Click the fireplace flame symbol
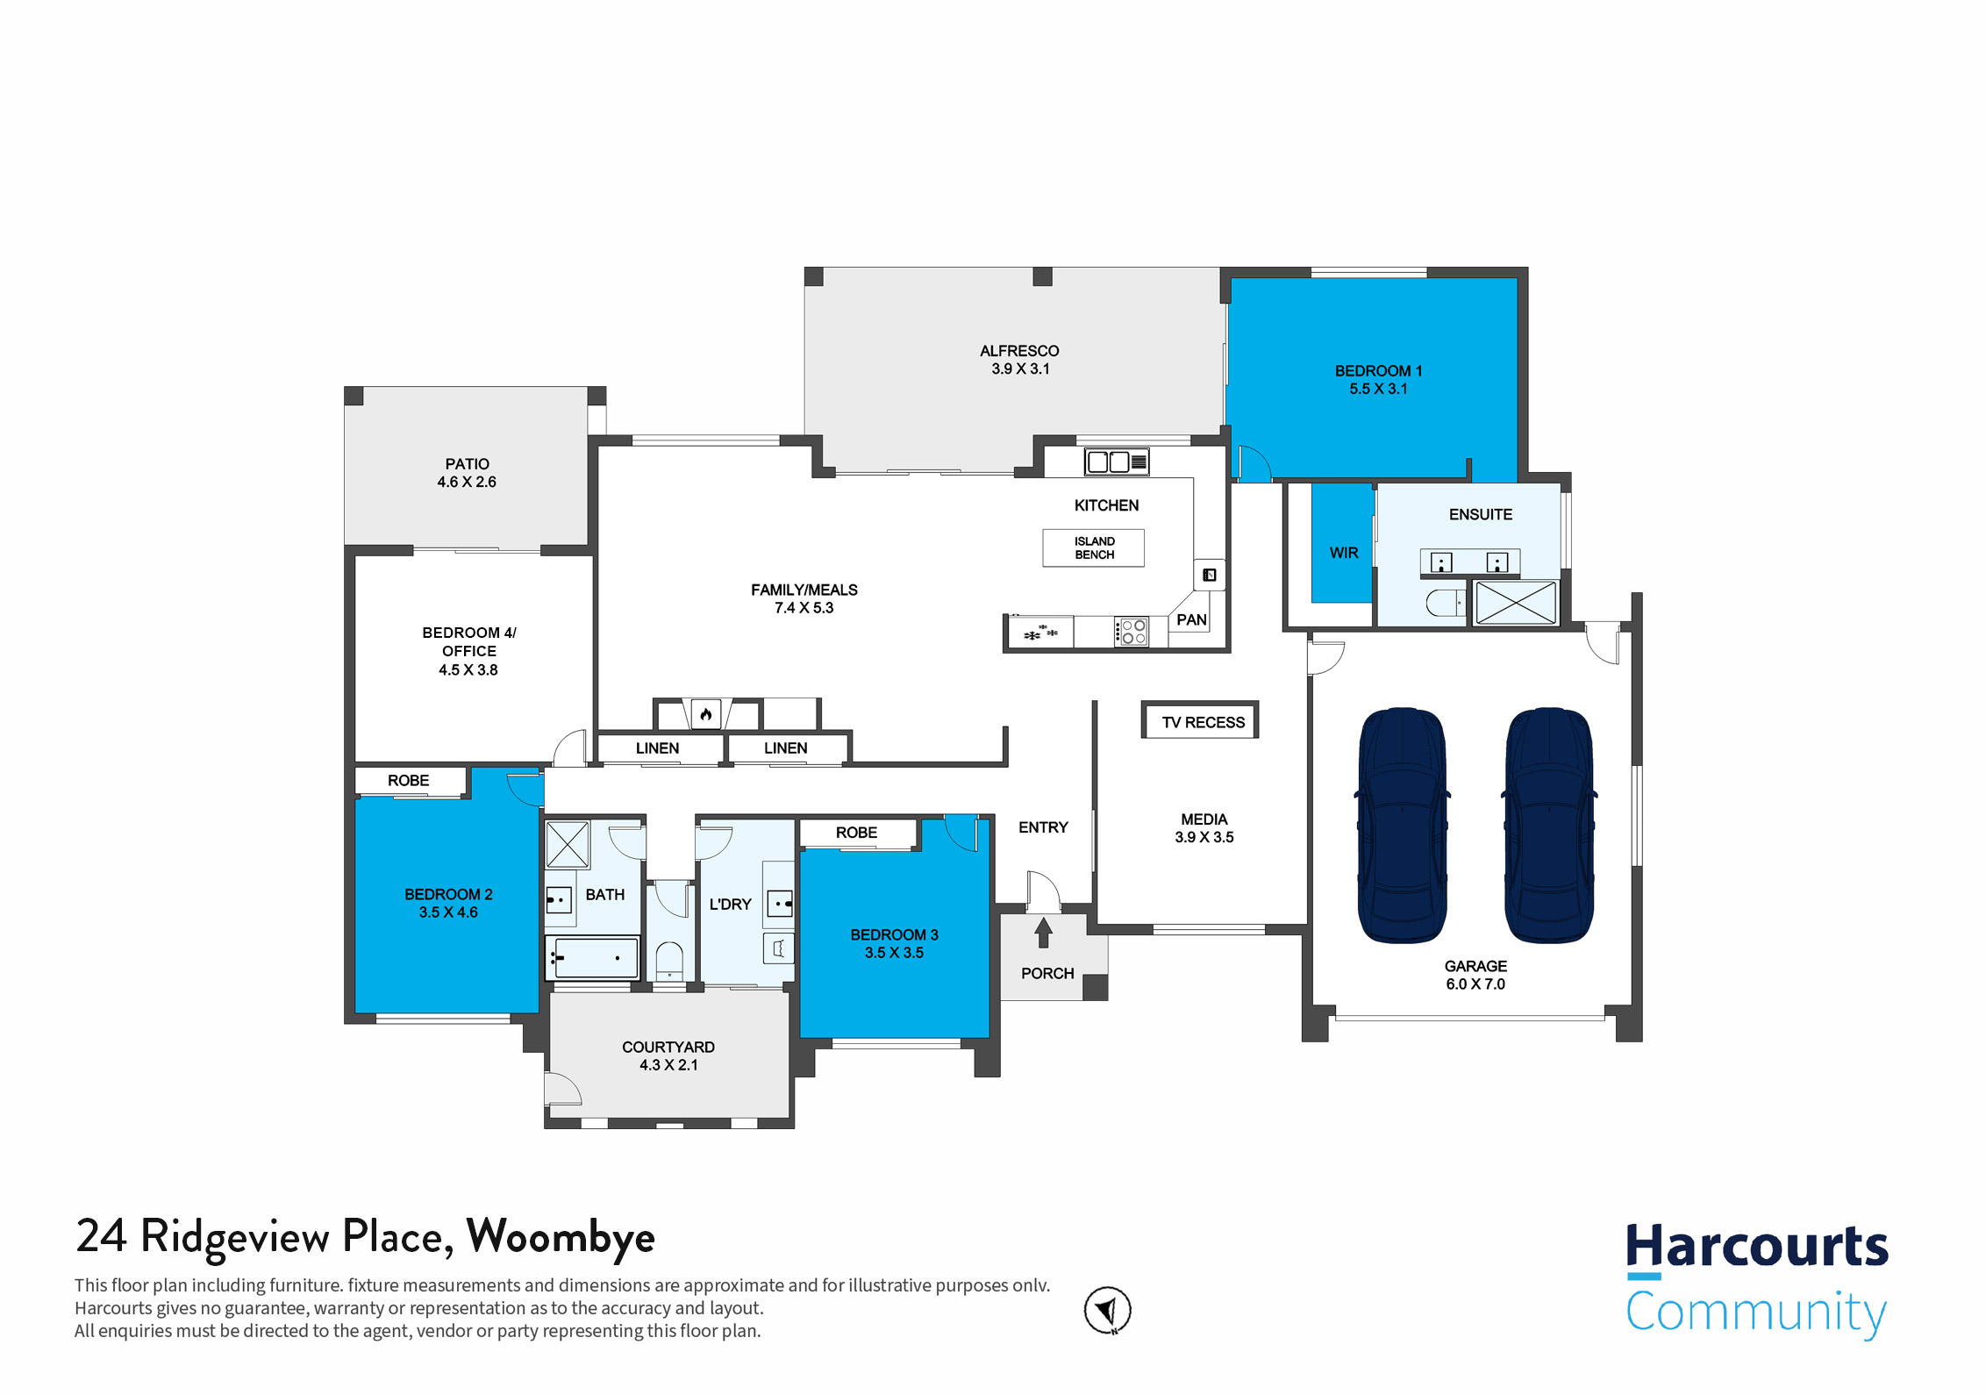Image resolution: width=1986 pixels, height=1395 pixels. click(x=706, y=714)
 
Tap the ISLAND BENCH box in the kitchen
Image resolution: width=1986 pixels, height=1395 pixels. click(x=1093, y=548)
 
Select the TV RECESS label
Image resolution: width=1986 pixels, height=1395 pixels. click(x=1203, y=722)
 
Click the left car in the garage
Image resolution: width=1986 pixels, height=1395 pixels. click(x=1402, y=825)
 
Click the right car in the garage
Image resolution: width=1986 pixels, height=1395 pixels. click(x=1549, y=825)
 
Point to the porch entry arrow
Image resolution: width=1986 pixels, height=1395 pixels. click(x=1043, y=933)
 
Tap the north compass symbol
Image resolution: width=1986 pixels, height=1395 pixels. click(x=1107, y=1311)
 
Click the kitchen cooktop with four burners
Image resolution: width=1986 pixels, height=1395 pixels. click(x=1132, y=632)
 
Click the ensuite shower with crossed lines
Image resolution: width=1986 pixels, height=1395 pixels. click(x=1516, y=603)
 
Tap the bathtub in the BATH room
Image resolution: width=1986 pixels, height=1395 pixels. click(x=592, y=957)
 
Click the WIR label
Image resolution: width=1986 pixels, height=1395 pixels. click(x=1343, y=553)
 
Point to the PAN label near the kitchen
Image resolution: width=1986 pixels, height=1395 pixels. click(x=1191, y=619)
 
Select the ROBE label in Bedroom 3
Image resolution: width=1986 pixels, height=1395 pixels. click(x=856, y=833)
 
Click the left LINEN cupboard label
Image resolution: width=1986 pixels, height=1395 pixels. click(x=657, y=748)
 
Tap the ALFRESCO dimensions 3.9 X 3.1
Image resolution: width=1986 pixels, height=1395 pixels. click(x=1020, y=369)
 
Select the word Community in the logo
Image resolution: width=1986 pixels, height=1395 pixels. click(x=1755, y=1313)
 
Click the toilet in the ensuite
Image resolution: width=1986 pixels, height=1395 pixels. click(x=1444, y=603)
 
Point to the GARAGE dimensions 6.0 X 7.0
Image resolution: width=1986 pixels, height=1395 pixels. click(x=1475, y=984)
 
